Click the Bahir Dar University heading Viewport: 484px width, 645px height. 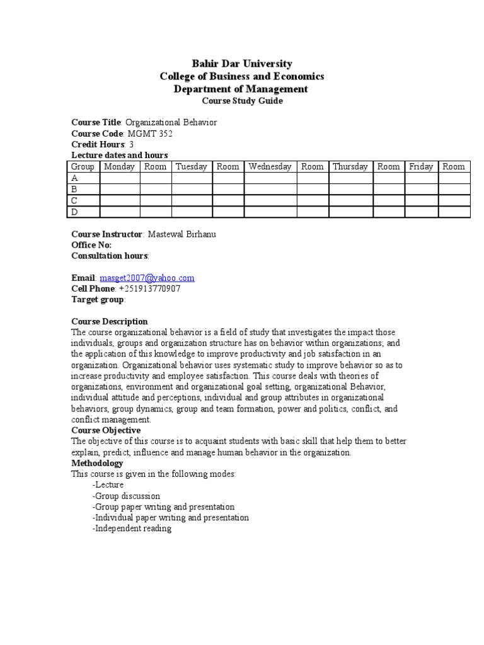coord(242,64)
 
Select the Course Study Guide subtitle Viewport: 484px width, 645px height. coord(242,101)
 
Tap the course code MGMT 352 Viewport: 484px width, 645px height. coord(150,134)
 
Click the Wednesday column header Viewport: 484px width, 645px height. coord(270,167)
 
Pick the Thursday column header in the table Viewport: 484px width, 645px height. coord(350,167)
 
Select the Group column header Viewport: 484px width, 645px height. coord(83,167)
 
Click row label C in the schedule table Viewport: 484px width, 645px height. coord(75,200)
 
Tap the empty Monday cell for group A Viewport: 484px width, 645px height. coord(120,178)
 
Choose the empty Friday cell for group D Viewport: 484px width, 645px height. coord(421,212)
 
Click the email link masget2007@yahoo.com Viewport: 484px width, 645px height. coord(147,278)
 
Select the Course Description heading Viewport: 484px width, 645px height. coord(110,321)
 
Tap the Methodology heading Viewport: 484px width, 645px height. coord(97,463)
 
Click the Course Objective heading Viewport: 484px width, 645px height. coord(106,430)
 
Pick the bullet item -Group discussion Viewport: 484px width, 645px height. coord(126,496)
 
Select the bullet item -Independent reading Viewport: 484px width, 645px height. coord(131,528)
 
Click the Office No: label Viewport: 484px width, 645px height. coord(91,245)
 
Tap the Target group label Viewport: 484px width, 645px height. coord(98,300)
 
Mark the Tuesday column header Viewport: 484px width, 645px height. coord(191,167)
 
